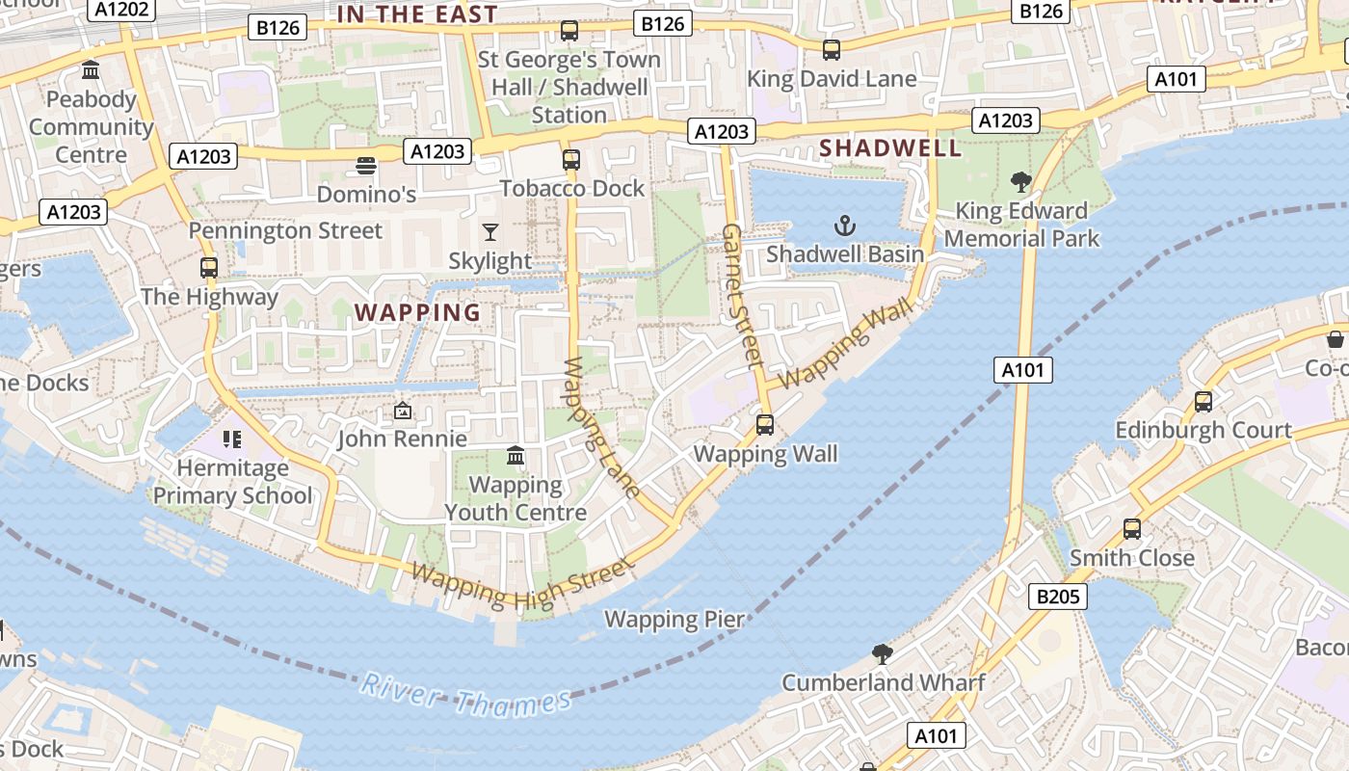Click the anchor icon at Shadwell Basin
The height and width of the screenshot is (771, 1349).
[x=844, y=226]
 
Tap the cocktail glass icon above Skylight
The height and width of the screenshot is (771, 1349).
[x=490, y=232]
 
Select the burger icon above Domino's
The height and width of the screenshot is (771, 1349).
[x=365, y=167]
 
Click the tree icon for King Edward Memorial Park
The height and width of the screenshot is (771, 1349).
[x=1020, y=181]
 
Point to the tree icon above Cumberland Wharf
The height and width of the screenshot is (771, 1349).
[x=882, y=654]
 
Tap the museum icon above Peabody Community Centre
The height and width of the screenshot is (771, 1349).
[x=92, y=70]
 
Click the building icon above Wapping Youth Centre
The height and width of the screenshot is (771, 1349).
[x=516, y=455]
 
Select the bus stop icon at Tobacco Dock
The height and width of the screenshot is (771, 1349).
[x=571, y=159]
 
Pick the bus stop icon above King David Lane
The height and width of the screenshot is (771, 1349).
[x=831, y=50]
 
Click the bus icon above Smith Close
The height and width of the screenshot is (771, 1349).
[x=1132, y=529]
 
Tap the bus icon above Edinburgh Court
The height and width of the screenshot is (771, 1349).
[x=1203, y=402]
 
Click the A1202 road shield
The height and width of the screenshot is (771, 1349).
[x=122, y=10]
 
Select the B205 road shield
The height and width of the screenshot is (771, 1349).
[x=1057, y=597]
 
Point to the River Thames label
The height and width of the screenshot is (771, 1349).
[x=464, y=697]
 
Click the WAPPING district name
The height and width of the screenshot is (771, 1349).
[x=418, y=312]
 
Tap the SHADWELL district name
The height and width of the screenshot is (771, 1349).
[x=890, y=148]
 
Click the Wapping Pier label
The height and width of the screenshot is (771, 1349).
[x=674, y=619]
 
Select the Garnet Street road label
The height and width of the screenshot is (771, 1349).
[x=742, y=295]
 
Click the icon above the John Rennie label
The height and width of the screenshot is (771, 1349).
[x=403, y=412]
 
